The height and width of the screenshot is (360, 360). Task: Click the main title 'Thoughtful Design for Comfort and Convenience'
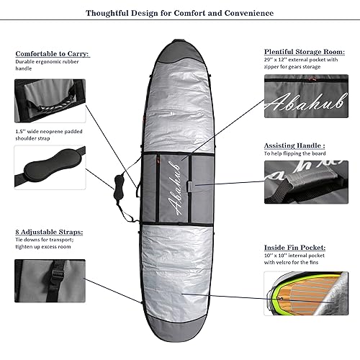[x=180, y=13]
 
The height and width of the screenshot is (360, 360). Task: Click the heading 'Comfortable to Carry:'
[x=53, y=54]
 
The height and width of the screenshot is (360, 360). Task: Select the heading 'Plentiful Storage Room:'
[x=305, y=52]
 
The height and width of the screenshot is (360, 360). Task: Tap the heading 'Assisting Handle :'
[x=294, y=145]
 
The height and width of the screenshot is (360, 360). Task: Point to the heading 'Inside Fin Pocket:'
[x=294, y=248]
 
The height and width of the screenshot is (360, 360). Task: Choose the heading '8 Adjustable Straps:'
[x=49, y=232]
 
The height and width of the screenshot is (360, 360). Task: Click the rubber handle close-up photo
[x=50, y=101]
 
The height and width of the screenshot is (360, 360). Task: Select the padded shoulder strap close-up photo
[x=50, y=167]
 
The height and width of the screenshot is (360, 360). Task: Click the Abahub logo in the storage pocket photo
[x=306, y=103]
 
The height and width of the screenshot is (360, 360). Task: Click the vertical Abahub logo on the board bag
[x=174, y=189]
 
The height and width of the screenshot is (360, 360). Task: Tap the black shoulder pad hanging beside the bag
[x=118, y=186]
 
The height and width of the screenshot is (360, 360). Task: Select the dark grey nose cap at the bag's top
[x=179, y=52]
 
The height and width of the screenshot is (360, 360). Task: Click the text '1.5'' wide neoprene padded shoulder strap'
[x=49, y=135]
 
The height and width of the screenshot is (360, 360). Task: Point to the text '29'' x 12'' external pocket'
[x=294, y=60]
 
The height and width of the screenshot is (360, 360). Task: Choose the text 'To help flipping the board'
[x=294, y=153]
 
